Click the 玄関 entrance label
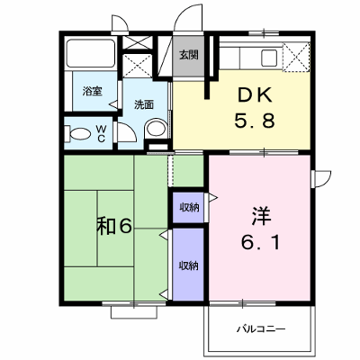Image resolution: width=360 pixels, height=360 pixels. point(189,55)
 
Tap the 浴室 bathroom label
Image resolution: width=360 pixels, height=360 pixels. point(93,91)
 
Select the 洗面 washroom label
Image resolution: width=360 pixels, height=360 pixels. point(144,104)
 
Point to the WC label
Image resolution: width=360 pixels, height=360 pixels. point(101,134)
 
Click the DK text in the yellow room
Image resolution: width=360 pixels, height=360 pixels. point(255,95)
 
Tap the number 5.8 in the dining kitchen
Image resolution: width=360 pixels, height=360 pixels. point(255,121)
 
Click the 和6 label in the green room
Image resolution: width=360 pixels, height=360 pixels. point(114,227)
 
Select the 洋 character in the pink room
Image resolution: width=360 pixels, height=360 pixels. point(261,216)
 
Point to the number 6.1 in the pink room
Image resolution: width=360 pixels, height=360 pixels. point(260,242)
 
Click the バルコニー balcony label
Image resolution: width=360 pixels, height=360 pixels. point(261,329)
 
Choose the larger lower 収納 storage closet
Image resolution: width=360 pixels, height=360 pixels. point(188,265)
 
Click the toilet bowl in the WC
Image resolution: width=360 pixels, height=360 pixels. point(77,134)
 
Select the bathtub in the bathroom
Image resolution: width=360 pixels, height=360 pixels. point(91,53)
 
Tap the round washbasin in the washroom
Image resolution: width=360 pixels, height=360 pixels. point(156,130)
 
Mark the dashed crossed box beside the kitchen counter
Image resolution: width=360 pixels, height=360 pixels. point(296,57)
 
